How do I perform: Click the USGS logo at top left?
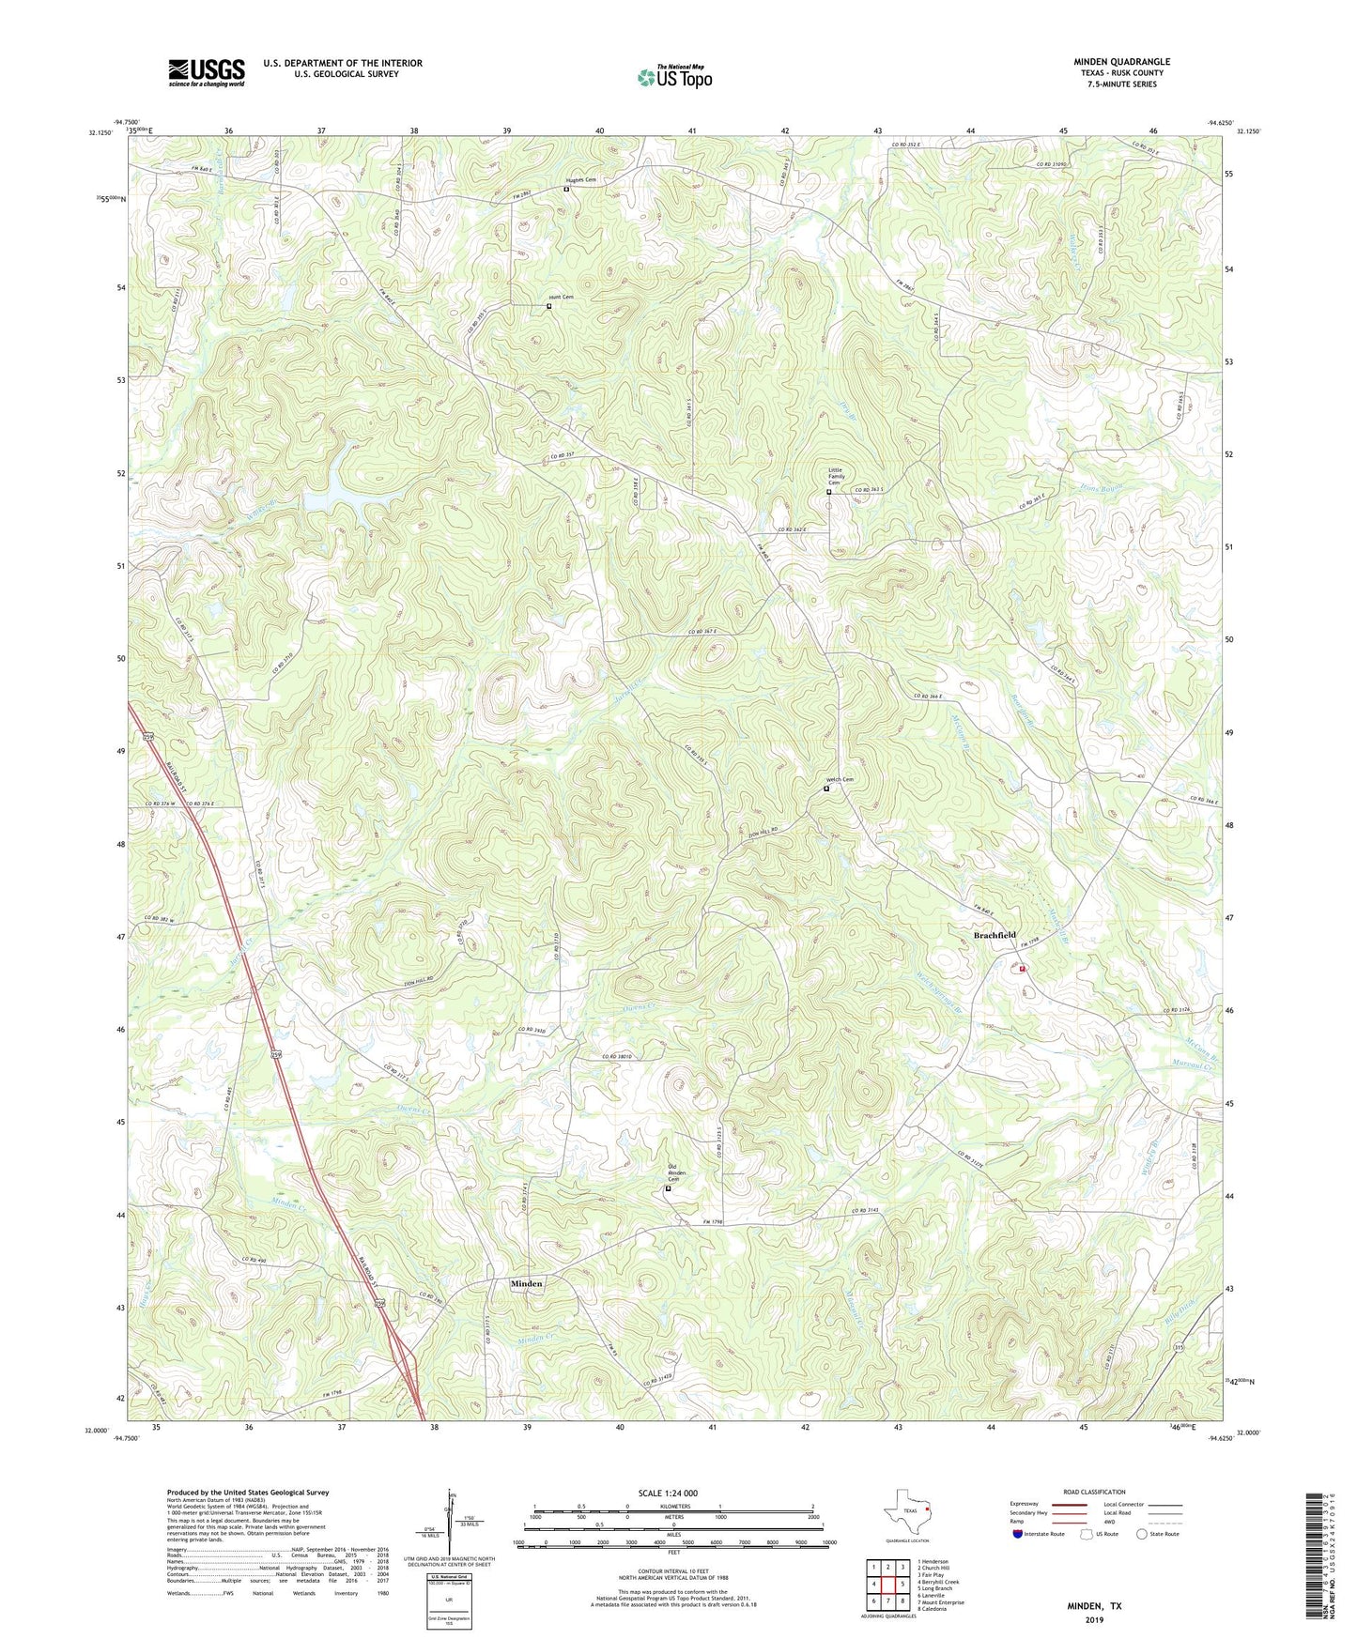[206, 72]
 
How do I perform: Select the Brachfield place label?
[995, 935]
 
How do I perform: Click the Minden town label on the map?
[526, 1283]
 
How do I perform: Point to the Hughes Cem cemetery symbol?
[566, 190]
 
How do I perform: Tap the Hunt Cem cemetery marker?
[549, 306]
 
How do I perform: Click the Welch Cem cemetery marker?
[826, 789]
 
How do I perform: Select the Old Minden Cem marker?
[669, 1188]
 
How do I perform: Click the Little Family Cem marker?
[828, 492]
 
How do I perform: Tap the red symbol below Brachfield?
[1022, 969]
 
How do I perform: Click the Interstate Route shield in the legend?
[1018, 1534]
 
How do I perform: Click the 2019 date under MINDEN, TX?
[1094, 1619]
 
